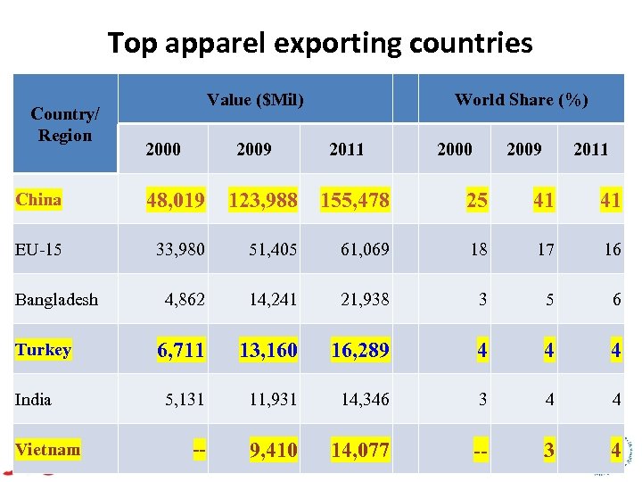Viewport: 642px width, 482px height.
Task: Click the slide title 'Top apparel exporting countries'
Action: tap(320, 42)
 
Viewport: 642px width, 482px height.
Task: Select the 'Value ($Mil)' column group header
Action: tap(255, 100)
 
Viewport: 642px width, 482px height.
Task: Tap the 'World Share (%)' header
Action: tap(521, 100)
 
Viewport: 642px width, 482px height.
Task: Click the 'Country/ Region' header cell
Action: tap(64, 125)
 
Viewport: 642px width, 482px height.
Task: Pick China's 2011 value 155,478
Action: tap(355, 200)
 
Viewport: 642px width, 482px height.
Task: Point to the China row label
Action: tap(38, 200)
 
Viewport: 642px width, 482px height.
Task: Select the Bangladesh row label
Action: tap(57, 299)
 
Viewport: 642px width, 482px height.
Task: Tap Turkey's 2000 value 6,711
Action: tap(181, 349)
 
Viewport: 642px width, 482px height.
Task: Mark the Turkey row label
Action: tap(43, 349)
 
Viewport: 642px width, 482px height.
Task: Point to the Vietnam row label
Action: tap(47, 449)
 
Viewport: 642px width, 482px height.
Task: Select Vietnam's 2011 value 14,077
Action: tap(359, 450)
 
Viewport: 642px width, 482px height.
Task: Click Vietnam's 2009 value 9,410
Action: tap(274, 450)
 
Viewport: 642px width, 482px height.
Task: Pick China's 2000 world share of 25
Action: tap(477, 200)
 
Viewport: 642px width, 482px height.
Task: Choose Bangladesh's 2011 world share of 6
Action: tap(615, 299)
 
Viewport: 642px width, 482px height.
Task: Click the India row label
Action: tap(33, 399)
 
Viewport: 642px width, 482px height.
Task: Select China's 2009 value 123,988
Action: tap(262, 200)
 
